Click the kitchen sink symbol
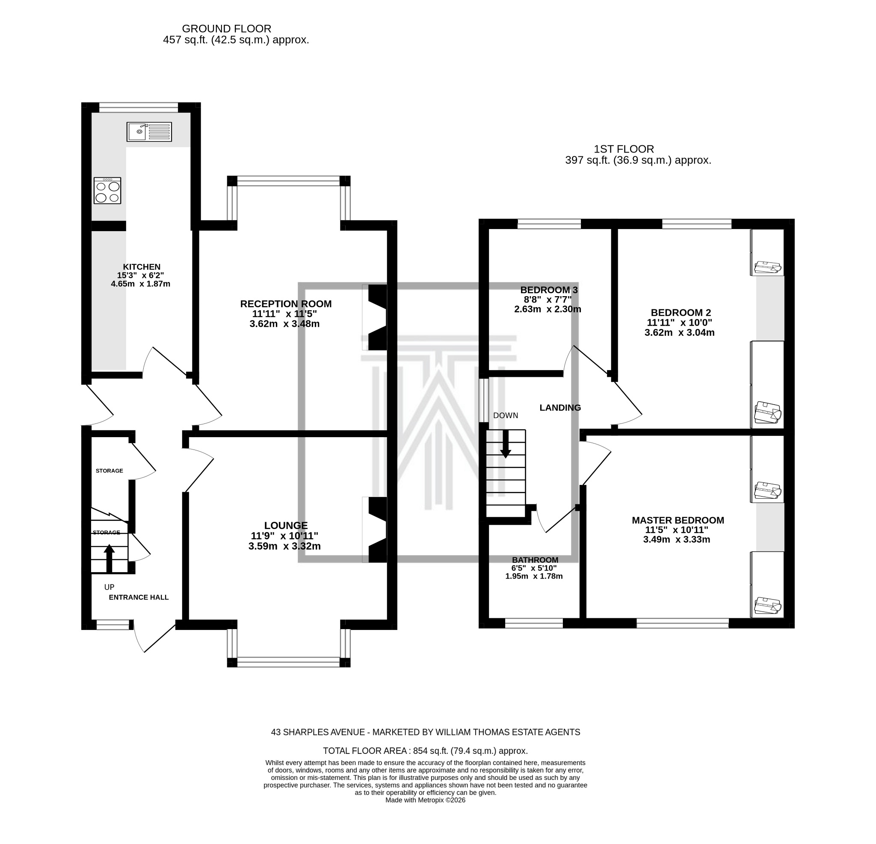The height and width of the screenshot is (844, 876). click(149, 132)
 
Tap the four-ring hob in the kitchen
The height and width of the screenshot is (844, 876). click(107, 191)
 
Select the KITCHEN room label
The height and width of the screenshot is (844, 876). click(142, 267)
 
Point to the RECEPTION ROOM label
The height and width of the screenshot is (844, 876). click(286, 304)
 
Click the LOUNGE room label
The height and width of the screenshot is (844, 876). click(286, 526)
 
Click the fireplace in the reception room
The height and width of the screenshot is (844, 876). click(376, 318)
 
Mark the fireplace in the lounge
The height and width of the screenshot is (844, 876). click(376, 529)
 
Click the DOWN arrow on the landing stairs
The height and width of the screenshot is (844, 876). click(506, 444)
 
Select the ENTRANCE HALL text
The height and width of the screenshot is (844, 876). click(139, 597)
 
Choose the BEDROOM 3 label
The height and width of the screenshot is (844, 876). click(549, 290)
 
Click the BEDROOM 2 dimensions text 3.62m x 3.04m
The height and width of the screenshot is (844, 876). click(679, 333)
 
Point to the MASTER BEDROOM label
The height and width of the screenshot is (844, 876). click(678, 520)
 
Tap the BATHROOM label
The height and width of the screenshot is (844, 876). click(535, 560)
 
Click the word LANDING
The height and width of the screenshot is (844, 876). click(560, 408)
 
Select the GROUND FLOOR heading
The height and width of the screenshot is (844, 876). click(226, 29)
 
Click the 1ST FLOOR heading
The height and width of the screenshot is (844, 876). click(624, 149)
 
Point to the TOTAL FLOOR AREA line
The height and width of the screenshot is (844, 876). click(425, 751)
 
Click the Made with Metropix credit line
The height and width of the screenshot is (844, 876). click(425, 800)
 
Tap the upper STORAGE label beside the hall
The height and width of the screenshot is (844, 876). click(109, 471)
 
